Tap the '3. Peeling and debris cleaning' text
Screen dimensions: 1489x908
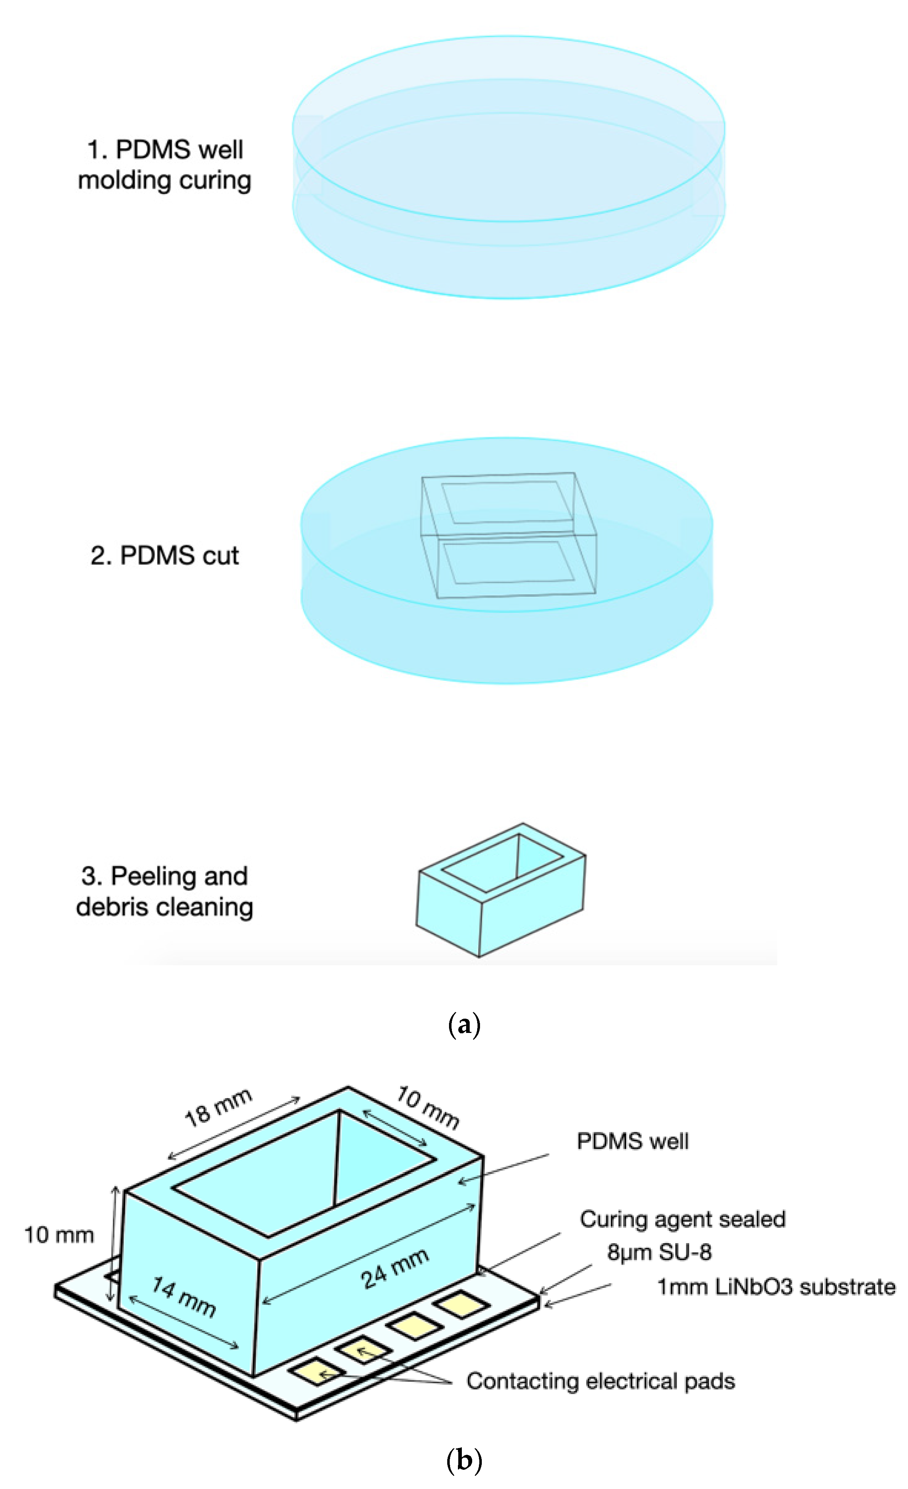click(164, 891)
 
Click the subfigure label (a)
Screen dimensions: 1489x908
click(464, 1025)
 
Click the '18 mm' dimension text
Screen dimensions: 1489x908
click(218, 1108)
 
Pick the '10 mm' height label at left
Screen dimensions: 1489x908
click(59, 1235)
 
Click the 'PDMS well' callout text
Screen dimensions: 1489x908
click(632, 1141)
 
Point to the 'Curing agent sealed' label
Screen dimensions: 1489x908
click(682, 1219)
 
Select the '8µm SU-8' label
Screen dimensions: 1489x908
click(659, 1251)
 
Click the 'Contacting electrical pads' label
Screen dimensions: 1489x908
click(600, 1381)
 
